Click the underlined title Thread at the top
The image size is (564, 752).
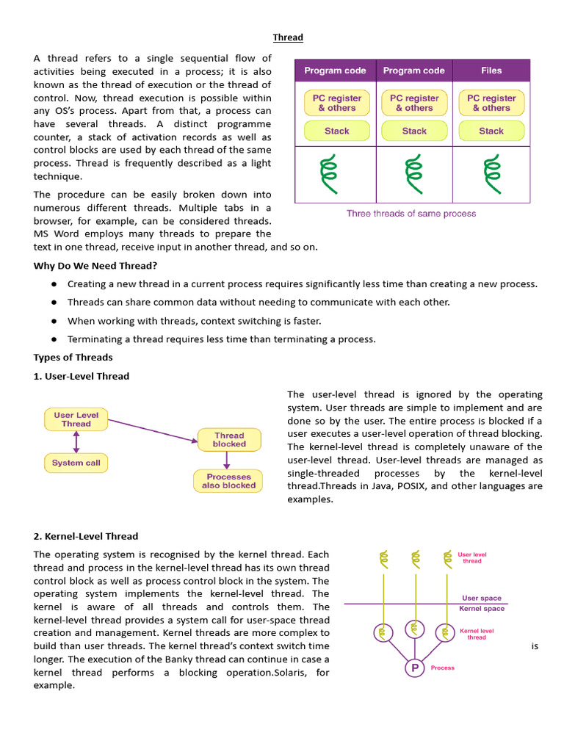[288, 37]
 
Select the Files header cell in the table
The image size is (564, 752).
[491, 70]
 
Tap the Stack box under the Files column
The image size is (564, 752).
[491, 131]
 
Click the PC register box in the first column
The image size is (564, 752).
[336, 103]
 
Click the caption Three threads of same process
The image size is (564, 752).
[411, 214]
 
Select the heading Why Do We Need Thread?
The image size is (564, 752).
[95, 266]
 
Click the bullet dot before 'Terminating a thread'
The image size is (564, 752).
[54, 339]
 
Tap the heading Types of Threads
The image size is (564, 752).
[73, 358]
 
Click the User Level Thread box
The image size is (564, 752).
[76, 419]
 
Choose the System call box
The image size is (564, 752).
[76, 463]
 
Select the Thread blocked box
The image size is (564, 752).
[229, 440]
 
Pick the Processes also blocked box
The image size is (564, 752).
[228, 481]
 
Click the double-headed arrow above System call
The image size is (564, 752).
[76, 441]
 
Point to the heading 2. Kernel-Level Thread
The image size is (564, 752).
[86, 536]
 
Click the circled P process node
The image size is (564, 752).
[415, 668]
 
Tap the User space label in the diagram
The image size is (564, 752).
[482, 598]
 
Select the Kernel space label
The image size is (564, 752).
[482, 609]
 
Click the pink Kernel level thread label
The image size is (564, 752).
[477, 634]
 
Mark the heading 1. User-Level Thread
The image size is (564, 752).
[82, 376]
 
